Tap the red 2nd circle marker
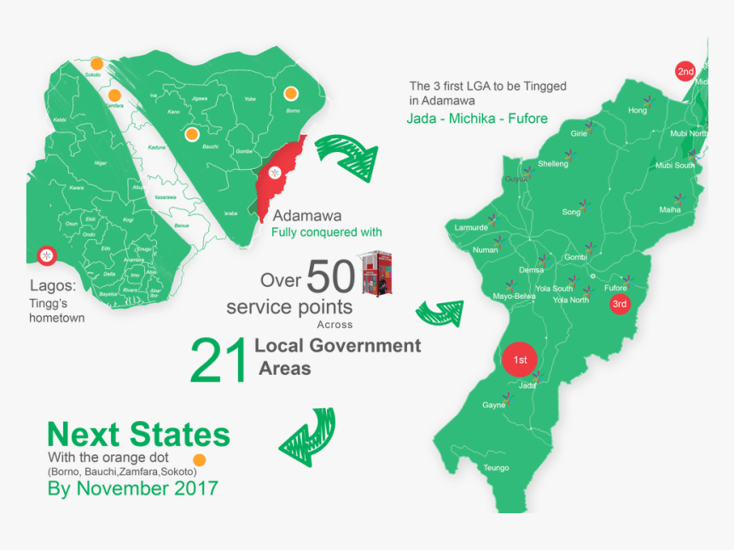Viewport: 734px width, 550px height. [685, 72]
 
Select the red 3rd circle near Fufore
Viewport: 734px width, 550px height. [620, 304]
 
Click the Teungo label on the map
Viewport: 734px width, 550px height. [496, 468]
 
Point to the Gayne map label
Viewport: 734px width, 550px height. [494, 405]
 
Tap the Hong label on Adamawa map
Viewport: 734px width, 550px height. [638, 111]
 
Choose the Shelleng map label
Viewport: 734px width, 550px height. [553, 164]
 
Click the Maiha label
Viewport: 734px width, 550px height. [670, 209]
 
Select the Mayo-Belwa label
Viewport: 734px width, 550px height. [514, 296]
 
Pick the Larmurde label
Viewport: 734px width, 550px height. [470, 228]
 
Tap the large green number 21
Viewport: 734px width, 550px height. [218, 360]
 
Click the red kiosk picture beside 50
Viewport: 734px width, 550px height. [376, 272]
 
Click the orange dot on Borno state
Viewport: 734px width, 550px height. [291, 93]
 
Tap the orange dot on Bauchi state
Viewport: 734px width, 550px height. [192, 134]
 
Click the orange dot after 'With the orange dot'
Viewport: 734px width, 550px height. [198, 459]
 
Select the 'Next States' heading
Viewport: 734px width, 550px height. [138, 435]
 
